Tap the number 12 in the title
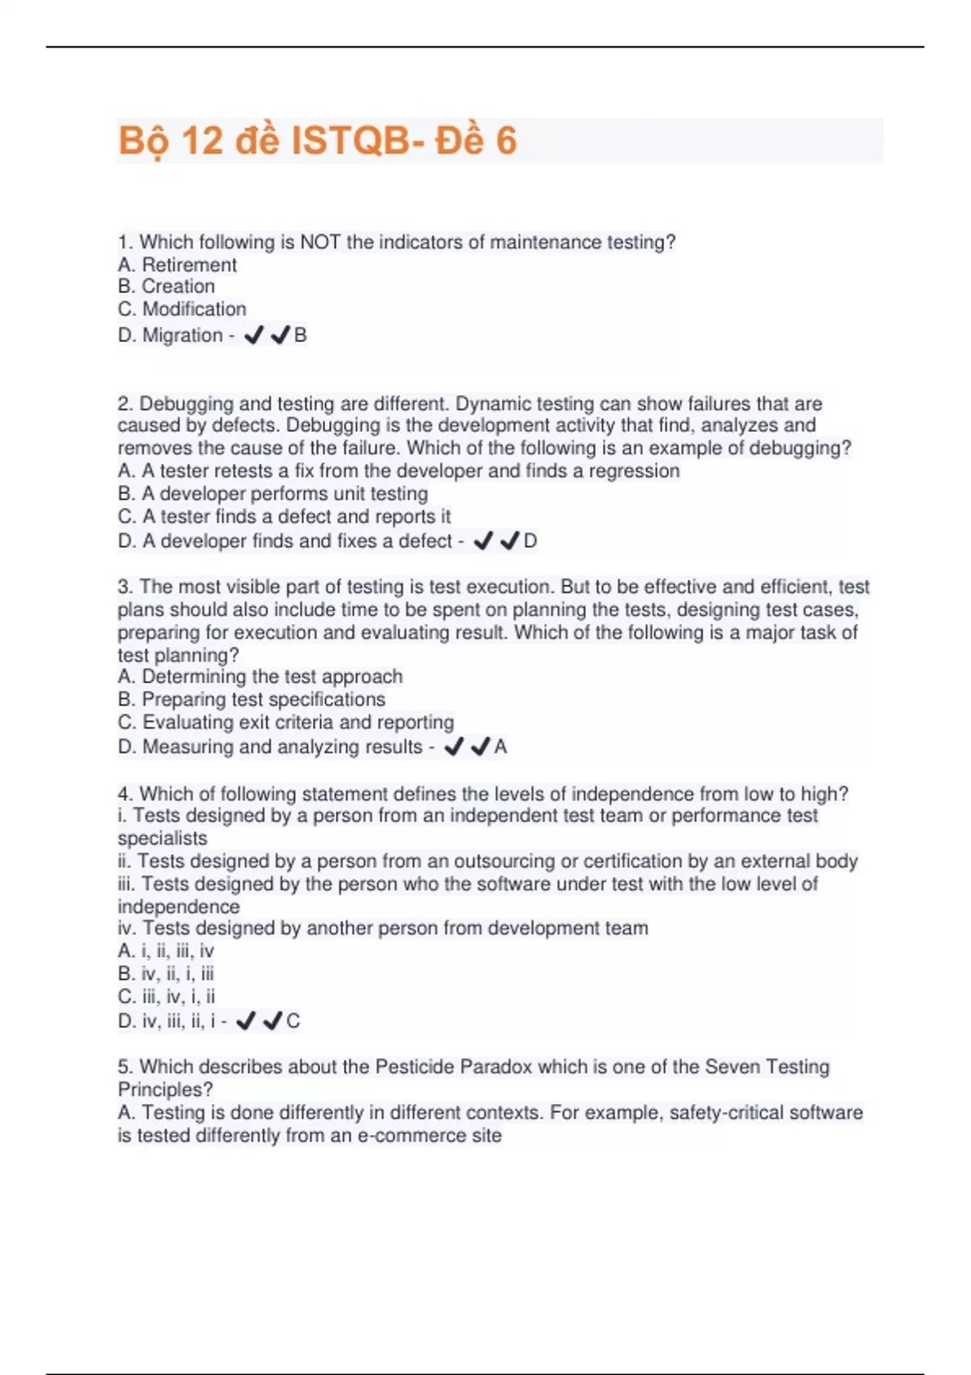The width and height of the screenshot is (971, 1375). (x=201, y=141)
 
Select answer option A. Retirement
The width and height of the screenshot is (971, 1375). (x=177, y=264)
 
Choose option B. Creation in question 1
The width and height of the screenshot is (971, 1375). (x=166, y=286)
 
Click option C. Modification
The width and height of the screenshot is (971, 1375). (x=182, y=309)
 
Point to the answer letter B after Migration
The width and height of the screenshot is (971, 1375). (x=300, y=335)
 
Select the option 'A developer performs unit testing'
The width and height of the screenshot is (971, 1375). (x=273, y=493)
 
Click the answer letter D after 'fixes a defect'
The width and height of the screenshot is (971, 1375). (x=530, y=540)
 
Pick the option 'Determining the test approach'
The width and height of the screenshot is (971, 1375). (x=260, y=676)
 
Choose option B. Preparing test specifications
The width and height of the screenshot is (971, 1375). (x=252, y=699)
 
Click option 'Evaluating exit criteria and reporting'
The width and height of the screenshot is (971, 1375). (x=286, y=721)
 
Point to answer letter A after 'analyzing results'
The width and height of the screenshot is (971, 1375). (x=500, y=747)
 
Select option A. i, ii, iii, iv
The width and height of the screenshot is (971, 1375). (x=166, y=951)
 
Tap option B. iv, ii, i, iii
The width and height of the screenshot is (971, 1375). (x=166, y=974)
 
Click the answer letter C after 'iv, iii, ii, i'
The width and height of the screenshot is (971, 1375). (x=293, y=1021)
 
